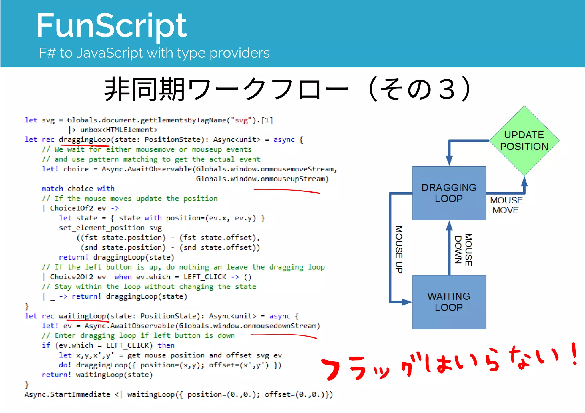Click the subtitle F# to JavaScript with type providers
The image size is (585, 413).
154,53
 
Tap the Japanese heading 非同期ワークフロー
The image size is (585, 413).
226,89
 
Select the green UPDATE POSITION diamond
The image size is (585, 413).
524,141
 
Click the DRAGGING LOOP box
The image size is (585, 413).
449,193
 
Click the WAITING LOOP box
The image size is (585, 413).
449,302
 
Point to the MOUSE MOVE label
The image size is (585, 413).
506,205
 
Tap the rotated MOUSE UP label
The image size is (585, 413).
399,249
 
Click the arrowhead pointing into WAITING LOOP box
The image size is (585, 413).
407,302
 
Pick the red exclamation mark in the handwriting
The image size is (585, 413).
574,354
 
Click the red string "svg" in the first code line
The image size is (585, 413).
241,120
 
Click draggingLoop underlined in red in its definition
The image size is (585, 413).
85,140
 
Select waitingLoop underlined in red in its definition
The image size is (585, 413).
83,316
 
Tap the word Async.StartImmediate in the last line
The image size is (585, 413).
67,394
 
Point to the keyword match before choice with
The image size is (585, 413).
52,189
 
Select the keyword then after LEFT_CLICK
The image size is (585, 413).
166,345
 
